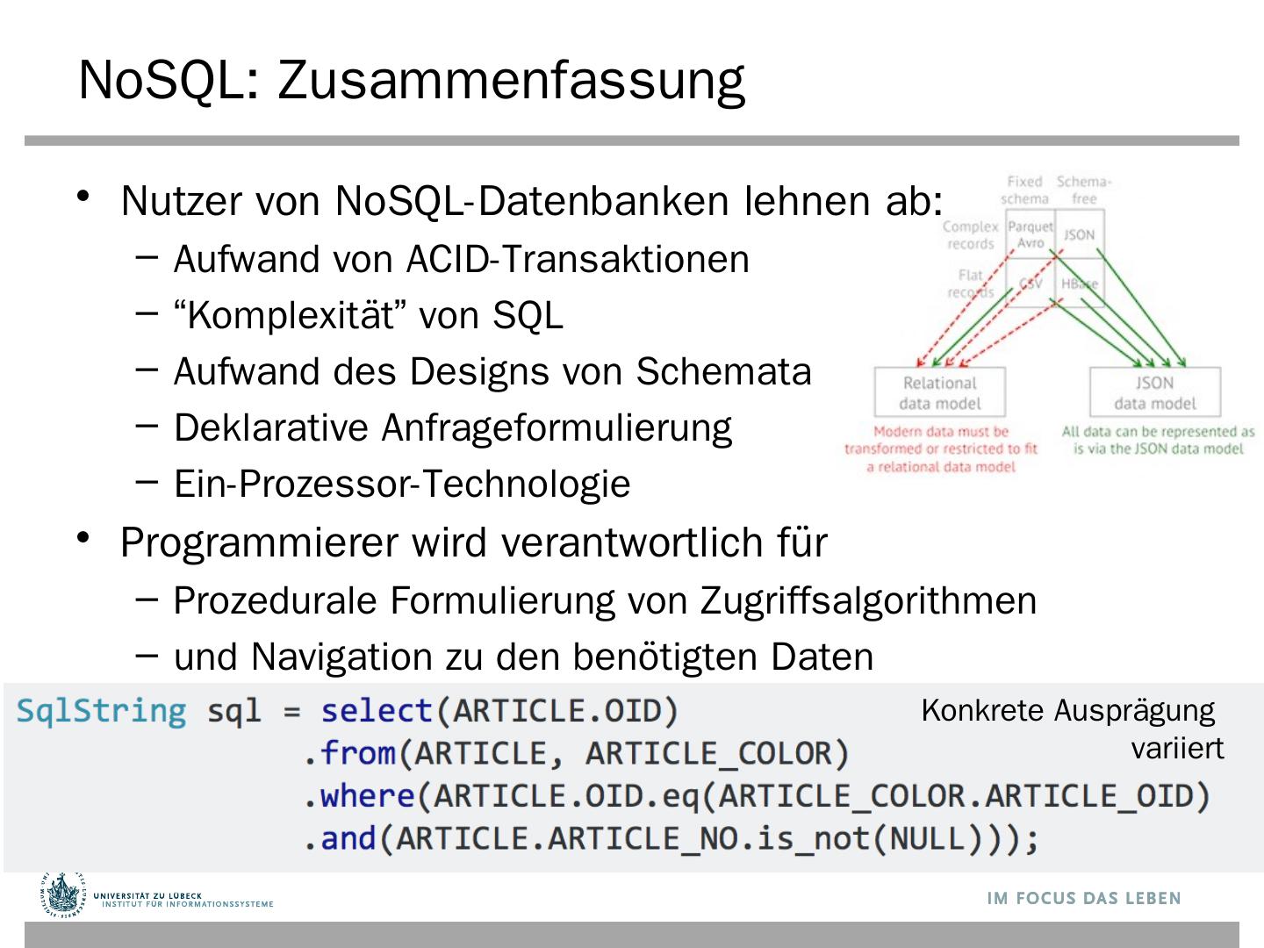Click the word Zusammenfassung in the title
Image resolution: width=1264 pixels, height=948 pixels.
click(x=511, y=81)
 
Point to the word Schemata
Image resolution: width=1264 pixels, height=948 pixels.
click(x=723, y=372)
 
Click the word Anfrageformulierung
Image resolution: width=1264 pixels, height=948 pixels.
click(x=557, y=428)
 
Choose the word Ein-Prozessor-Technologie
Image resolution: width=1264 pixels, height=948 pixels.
click(x=402, y=485)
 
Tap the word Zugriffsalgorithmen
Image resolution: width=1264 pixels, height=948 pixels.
click(x=868, y=601)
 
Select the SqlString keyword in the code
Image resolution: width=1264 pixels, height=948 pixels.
click(x=102, y=711)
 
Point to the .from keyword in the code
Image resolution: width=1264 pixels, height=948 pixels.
click(x=349, y=754)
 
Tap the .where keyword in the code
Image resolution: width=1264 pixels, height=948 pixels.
click(x=359, y=796)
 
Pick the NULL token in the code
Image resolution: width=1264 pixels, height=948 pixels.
click(x=926, y=838)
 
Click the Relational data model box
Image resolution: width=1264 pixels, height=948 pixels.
click(x=940, y=392)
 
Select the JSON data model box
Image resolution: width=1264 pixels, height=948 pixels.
click(x=1154, y=392)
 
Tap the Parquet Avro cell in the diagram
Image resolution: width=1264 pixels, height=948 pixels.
click(x=1030, y=234)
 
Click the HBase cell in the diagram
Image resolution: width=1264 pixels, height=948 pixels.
click(x=1079, y=284)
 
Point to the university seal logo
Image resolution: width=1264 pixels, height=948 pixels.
click(x=63, y=895)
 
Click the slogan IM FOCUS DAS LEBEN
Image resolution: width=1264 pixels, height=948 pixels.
click(x=1084, y=898)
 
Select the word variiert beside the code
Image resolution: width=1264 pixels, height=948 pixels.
click(x=1176, y=749)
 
